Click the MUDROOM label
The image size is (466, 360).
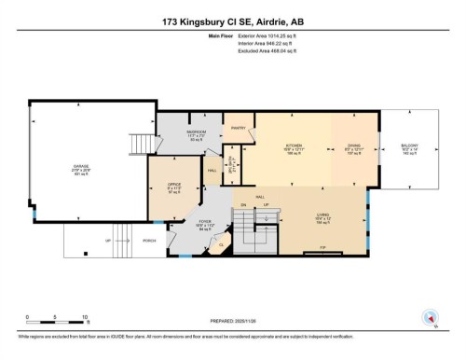click(x=196, y=136)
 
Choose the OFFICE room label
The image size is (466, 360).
click(x=173, y=186)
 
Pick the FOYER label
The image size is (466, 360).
click(x=207, y=224)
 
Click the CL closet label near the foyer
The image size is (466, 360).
click(x=221, y=246)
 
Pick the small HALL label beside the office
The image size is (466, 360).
click(x=212, y=170)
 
